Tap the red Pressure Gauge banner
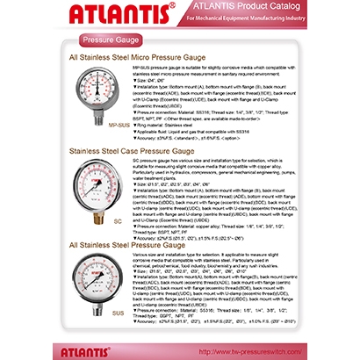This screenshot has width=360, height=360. coord(110,41)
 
